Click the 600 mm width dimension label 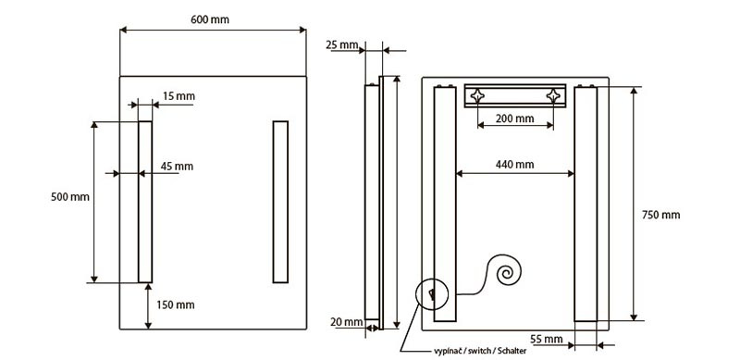point(210,19)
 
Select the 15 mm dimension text point(179,96)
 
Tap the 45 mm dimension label point(177,167)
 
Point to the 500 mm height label point(70,197)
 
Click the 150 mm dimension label point(175,305)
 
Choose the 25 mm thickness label point(341,44)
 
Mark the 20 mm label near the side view point(346,322)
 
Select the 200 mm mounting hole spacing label point(515,118)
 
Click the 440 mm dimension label point(515,165)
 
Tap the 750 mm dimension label point(660,215)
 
